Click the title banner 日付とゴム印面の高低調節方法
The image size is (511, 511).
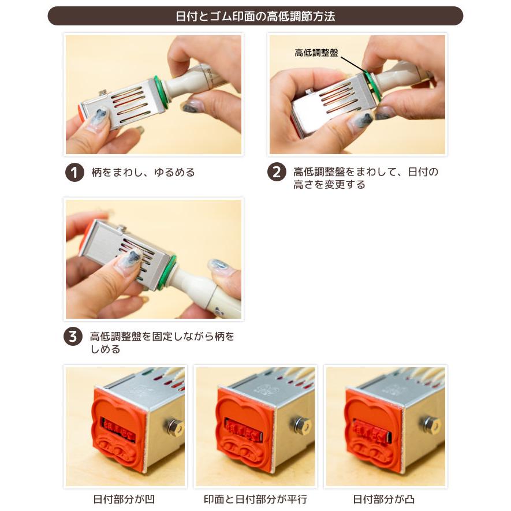click(x=255, y=16)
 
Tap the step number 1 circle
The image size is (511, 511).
click(x=74, y=172)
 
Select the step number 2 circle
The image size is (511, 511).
click(x=277, y=171)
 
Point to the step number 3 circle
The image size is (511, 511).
click(x=73, y=336)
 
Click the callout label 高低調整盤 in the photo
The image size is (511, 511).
click(x=316, y=53)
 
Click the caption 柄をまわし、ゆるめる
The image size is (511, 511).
click(x=143, y=172)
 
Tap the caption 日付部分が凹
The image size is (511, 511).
click(x=124, y=499)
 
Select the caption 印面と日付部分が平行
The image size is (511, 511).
click(x=255, y=499)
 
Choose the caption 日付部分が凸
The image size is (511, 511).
click(x=383, y=499)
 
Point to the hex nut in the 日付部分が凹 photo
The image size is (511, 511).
click(x=173, y=427)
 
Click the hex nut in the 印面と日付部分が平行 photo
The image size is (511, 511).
click(x=301, y=426)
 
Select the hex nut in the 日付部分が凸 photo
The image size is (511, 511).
click(x=432, y=424)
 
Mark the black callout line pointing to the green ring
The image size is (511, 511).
click(x=353, y=65)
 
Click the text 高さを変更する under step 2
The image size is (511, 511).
click(x=329, y=185)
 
